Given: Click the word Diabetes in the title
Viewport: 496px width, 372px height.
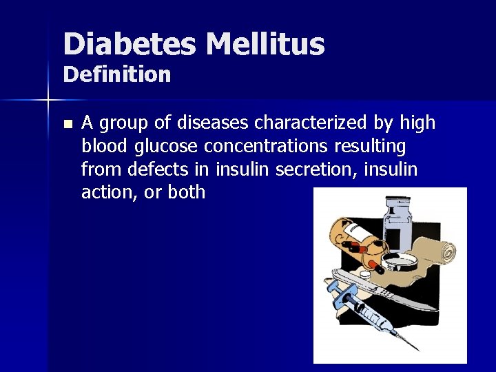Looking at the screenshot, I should pos(130,44).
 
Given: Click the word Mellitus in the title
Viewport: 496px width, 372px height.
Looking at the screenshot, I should pos(265,44).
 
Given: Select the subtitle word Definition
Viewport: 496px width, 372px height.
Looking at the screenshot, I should pos(117,74).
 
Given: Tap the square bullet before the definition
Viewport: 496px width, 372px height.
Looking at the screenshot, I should pos(67,125).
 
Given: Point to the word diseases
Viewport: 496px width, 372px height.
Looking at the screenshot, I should pos(214,123).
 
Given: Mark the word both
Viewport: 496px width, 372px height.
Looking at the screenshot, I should pos(186,192).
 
